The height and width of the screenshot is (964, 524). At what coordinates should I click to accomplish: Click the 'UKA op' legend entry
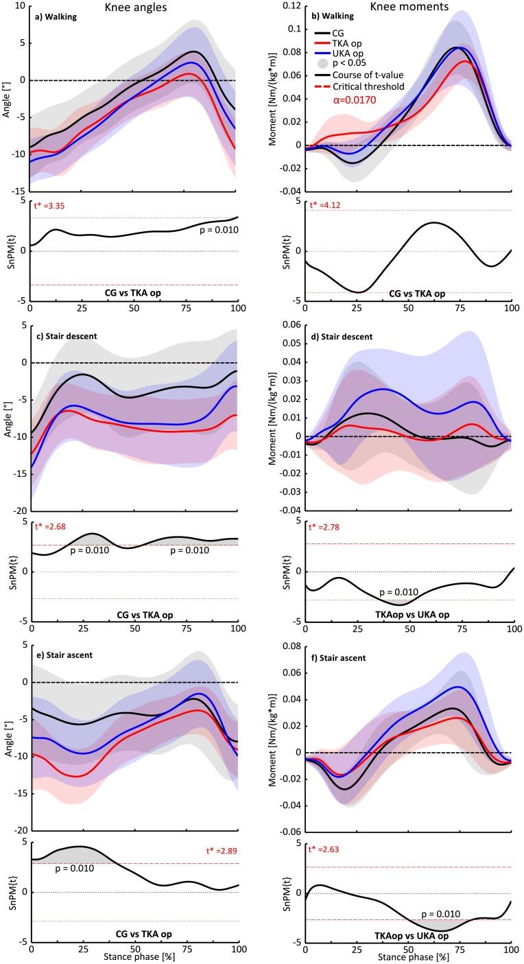pyautogui.click(x=368, y=56)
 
